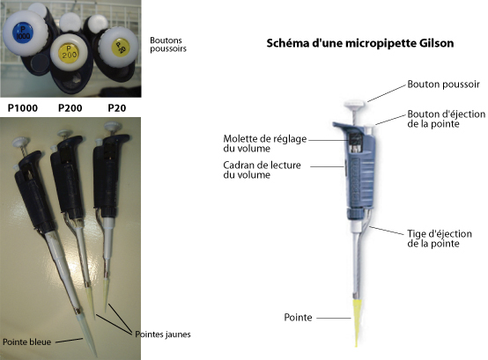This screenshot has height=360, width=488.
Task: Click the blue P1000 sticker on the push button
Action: pos(22,33)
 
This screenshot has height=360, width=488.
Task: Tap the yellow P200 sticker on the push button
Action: pos(69,52)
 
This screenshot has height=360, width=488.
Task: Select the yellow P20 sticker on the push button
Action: pos(121,48)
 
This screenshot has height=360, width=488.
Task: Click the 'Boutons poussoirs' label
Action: pos(168,45)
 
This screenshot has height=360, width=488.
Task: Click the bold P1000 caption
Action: pos(22,108)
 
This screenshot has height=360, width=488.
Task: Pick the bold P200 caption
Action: pos(70,108)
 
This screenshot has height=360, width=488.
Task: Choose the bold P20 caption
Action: pos(117,108)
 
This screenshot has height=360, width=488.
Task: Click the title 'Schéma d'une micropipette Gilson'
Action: pos(360,43)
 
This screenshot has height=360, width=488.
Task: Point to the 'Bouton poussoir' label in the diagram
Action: pos(443,84)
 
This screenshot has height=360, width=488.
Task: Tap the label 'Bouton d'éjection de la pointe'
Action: pos(447,119)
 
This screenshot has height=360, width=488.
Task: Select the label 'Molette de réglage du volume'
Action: pos(265,143)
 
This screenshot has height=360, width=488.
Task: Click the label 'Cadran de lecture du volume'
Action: pos(262,170)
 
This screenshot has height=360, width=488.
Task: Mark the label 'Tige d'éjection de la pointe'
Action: pos(440,239)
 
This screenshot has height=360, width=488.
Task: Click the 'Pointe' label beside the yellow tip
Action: pos(298,318)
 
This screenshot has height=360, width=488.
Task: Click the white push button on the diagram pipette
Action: pos(354,104)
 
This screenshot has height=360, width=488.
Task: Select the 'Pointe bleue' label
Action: pos(26,342)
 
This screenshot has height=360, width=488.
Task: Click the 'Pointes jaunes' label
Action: pos(163,334)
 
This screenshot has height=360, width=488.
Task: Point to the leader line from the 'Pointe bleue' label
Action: pos(69,341)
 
